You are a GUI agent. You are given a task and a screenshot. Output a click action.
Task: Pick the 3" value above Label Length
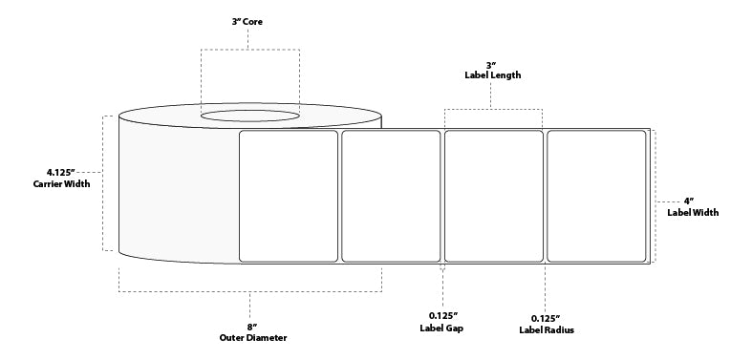coord(493,64)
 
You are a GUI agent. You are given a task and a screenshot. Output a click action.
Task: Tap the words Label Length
coord(493,74)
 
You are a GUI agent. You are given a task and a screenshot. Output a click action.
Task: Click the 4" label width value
coord(687,201)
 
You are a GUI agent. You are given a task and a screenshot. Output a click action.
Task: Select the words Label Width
coord(693,212)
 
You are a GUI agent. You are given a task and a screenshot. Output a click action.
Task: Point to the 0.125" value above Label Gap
coord(442,317)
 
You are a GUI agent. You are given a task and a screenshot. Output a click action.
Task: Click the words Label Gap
coord(442,328)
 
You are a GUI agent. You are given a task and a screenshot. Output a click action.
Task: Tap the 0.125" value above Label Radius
coord(546,317)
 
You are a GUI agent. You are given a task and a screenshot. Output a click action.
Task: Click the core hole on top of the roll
coord(248,117)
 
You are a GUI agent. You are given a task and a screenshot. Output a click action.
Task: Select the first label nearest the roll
coord(288,195)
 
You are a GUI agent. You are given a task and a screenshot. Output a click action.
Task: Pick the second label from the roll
coord(391,195)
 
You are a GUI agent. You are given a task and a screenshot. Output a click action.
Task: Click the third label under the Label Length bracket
coord(493,195)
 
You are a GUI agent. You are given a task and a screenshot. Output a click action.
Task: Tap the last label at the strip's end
coord(595,195)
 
